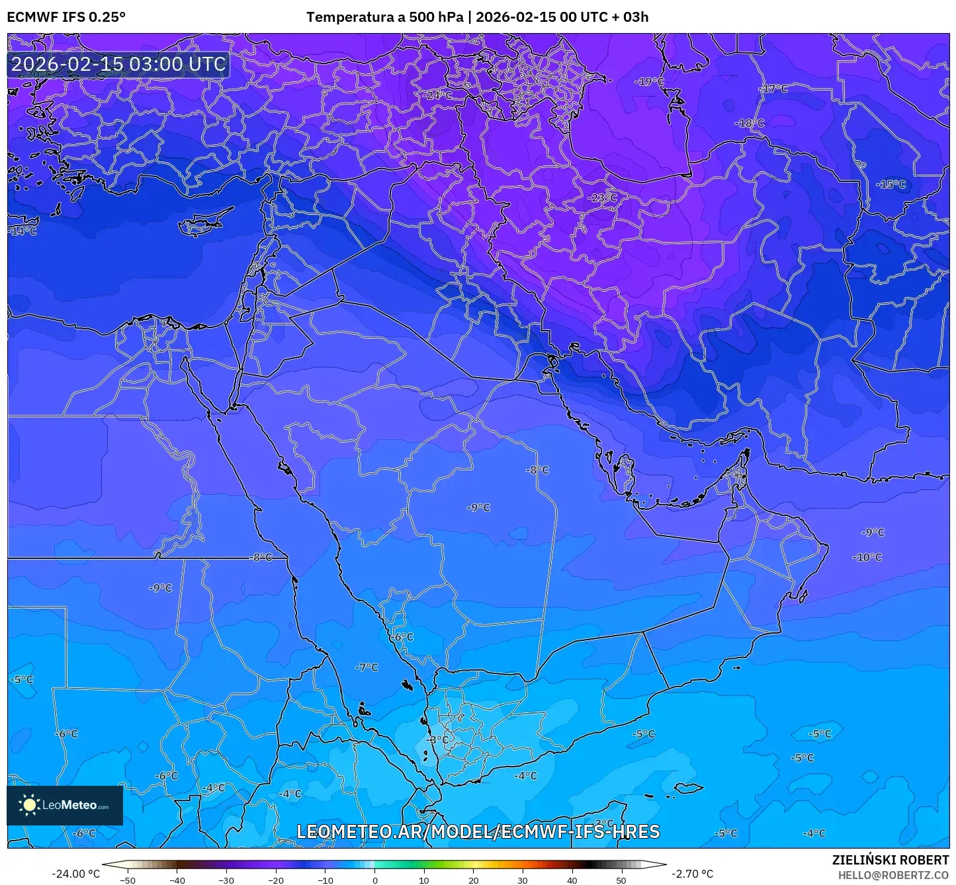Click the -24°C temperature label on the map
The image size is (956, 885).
coord(437,95)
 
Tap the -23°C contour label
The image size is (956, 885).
coord(602,198)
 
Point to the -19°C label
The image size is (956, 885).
coord(649,82)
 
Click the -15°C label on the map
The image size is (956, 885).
coord(891,185)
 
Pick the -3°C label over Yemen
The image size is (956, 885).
coord(437,739)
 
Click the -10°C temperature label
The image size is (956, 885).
coord(867,558)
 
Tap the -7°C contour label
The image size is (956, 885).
coord(366,667)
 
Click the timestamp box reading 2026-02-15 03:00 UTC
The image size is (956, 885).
coord(118,64)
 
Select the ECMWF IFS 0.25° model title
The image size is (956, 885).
coord(66,17)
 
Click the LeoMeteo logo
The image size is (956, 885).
coord(65,805)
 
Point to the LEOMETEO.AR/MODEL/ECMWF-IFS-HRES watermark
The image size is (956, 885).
coord(478,831)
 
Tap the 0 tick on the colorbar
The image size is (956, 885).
coord(374,880)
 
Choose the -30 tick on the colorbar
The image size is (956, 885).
coord(226,880)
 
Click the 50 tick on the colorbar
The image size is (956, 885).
coord(621,880)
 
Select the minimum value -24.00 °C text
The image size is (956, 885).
coord(75,874)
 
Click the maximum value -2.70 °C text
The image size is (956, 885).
coord(692,874)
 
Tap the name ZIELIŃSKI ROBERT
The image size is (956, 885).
coord(890,860)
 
